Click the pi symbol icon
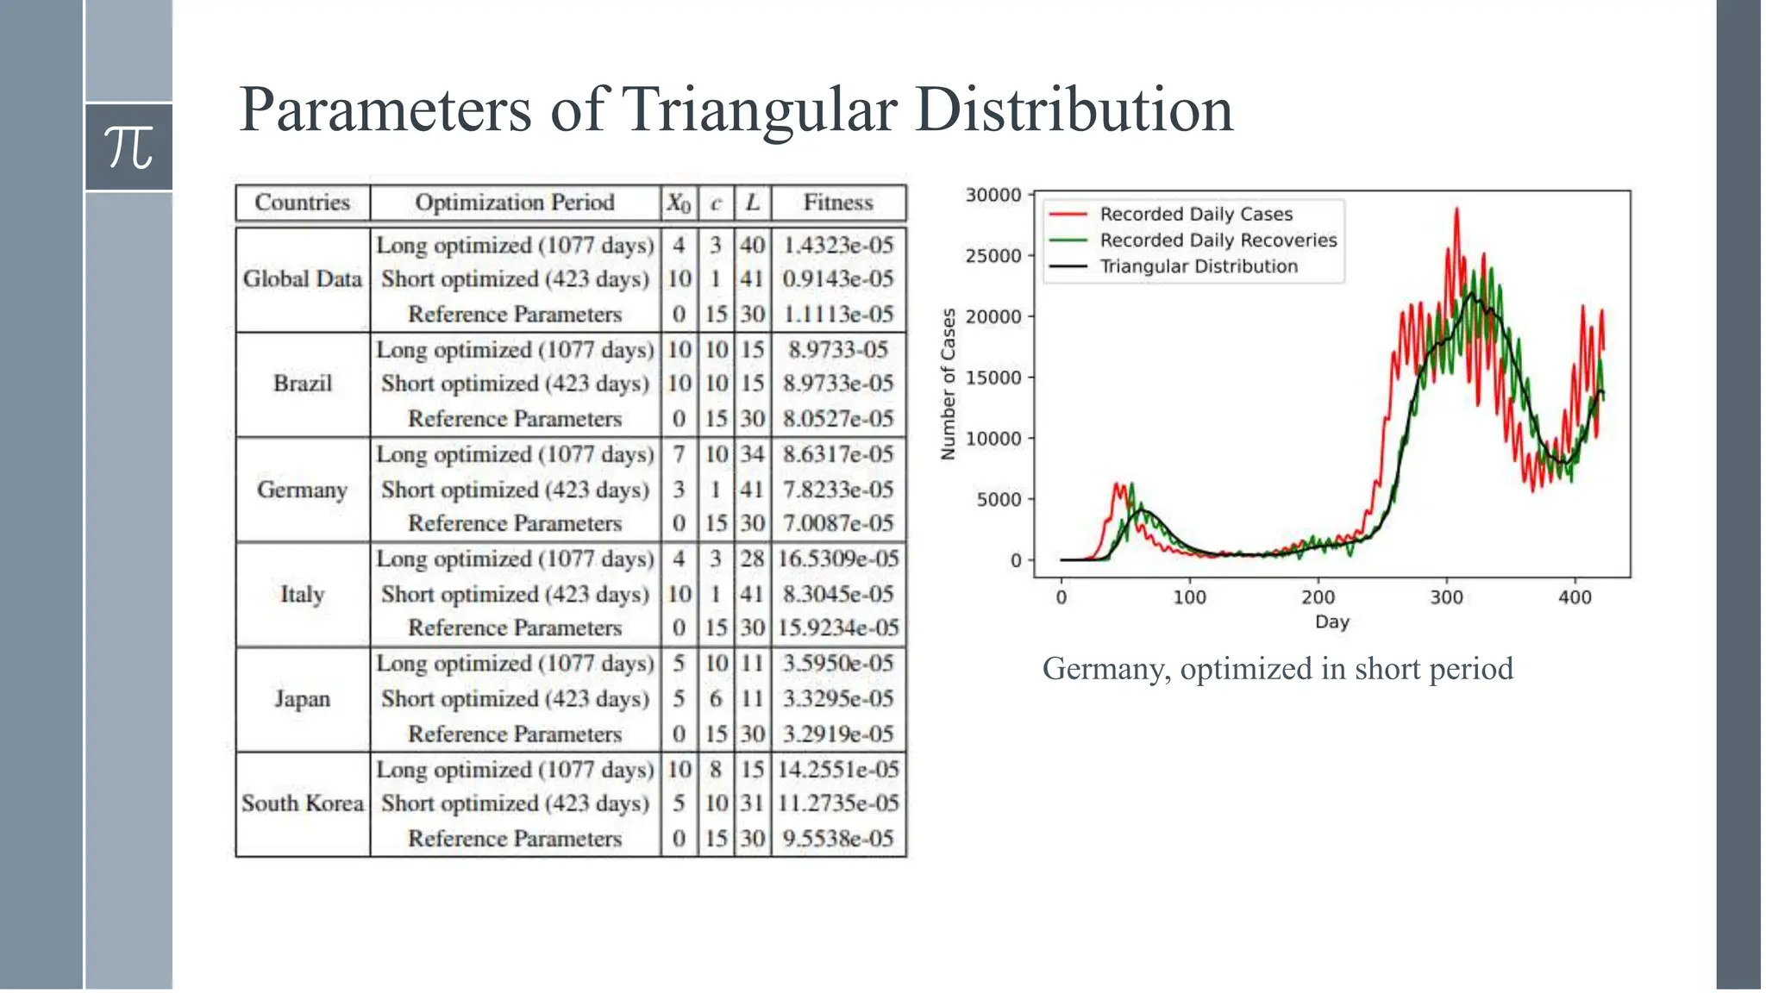(x=128, y=147)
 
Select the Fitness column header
(x=838, y=203)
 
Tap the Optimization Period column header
(x=515, y=203)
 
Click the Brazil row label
(x=303, y=384)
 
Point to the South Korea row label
(x=303, y=803)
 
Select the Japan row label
(x=303, y=698)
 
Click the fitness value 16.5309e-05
(x=838, y=559)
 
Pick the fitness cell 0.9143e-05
(x=838, y=279)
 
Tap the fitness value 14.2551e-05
(x=838, y=769)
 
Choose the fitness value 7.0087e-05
(x=838, y=523)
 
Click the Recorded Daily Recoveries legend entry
(x=1218, y=240)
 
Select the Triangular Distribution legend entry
(x=1199, y=266)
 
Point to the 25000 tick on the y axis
(x=993, y=256)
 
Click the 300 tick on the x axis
(x=1446, y=597)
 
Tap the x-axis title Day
(x=1331, y=621)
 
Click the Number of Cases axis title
(x=949, y=384)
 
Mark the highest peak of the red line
(x=1456, y=209)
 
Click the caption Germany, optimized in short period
(x=1277, y=669)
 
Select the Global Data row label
(x=303, y=279)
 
